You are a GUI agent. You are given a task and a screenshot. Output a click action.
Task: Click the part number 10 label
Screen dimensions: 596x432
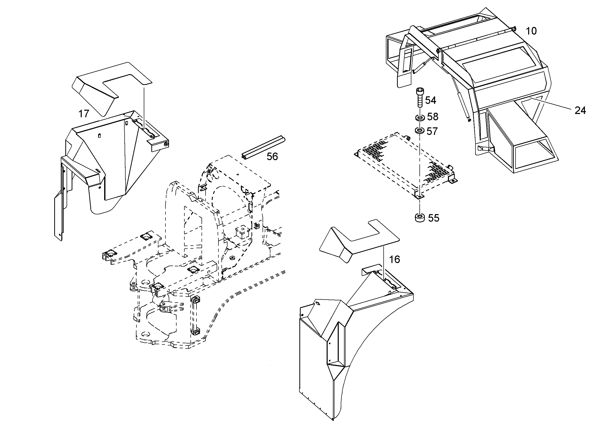pyautogui.click(x=531, y=31)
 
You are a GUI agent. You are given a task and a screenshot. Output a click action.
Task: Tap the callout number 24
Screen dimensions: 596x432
pyautogui.click(x=580, y=111)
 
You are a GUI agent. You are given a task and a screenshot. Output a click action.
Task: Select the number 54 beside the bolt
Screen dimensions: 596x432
pyautogui.click(x=431, y=100)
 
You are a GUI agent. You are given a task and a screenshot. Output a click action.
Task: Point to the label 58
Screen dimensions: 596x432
pyautogui.click(x=433, y=117)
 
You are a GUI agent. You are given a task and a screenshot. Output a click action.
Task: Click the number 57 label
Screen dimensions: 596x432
pyautogui.click(x=432, y=131)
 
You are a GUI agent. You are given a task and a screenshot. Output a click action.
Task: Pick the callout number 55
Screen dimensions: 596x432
pyautogui.click(x=434, y=218)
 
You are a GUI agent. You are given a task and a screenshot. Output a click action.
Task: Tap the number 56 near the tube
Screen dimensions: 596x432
pyautogui.click(x=272, y=157)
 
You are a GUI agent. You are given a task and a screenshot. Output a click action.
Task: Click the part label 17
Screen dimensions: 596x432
pyautogui.click(x=84, y=114)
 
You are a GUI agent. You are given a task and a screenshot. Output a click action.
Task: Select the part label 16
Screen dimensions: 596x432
pyautogui.click(x=394, y=260)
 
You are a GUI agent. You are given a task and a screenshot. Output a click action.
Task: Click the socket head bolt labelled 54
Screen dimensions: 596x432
pyautogui.click(x=419, y=98)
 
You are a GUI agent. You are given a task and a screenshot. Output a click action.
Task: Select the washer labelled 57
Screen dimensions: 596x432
pyautogui.click(x=420, y=130)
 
